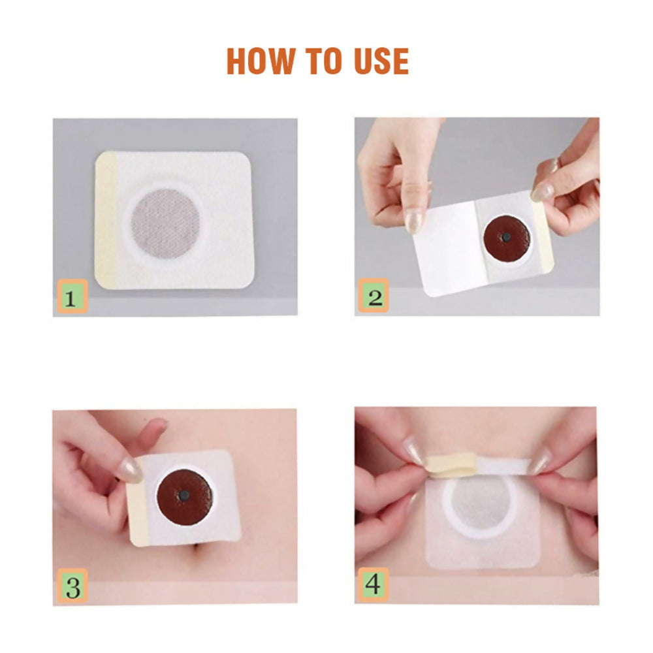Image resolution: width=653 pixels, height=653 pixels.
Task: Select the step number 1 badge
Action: click(72, 298)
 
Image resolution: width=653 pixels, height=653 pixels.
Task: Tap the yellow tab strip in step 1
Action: click(106, 219)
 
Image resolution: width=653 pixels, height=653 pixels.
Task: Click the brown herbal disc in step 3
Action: click(185, 496)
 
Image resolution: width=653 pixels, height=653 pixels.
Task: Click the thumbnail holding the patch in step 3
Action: click(130, 470)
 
